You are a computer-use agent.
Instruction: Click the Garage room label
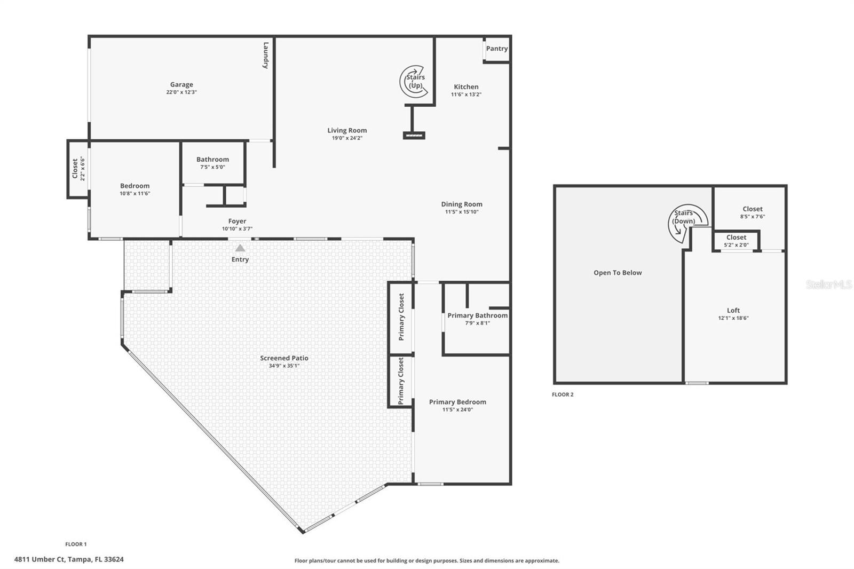click(x=181, y=84)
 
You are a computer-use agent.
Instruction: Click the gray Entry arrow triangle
click(x=240, y=248)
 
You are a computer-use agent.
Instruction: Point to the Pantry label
click(x=497, y=49)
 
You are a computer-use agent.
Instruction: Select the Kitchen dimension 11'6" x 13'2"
click(x=466, y=94)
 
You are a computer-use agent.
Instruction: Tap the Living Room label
click(x=347, y=130)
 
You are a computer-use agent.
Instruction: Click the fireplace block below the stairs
click(x=414, y=136)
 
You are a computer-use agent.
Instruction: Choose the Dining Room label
click(x=462, y=204)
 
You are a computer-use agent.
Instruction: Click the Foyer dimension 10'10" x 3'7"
click(x=237, y=229)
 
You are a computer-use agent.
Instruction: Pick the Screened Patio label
click(x=284, y=358)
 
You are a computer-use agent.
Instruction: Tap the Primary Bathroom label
click(x=477, y=315)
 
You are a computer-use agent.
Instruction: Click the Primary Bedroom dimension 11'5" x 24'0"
click(x=457, y=410)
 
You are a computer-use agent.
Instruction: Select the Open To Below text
click(x=618, y=273)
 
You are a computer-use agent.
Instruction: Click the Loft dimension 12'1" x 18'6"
click(x=733, y=318)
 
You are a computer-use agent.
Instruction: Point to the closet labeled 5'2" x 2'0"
click(x=736, y=241)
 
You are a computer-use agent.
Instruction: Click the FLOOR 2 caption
click(x=563, y=394)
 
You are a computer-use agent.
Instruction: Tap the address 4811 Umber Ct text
click(x=69, y=559)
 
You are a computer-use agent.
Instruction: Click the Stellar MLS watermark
click(x=828, y=285)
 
